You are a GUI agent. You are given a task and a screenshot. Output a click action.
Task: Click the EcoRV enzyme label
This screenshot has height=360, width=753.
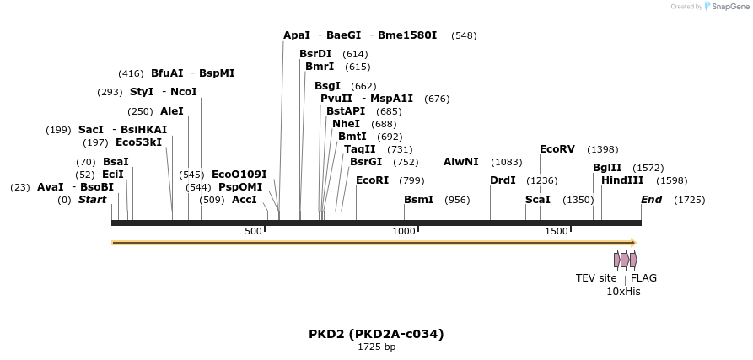click(x=557, y=149)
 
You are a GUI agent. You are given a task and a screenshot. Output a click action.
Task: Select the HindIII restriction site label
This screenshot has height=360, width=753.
click(x=622, y=180)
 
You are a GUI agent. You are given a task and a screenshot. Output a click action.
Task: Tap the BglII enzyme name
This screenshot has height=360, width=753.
click(x=607, y=168)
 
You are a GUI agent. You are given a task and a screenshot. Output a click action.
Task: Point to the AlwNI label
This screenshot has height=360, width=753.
click(x=460, y=162)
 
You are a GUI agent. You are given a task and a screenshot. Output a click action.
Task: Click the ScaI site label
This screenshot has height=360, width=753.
click(x=537, y=200)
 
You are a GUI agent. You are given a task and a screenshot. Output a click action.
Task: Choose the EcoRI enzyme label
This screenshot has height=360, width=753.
click(x=372, y=180)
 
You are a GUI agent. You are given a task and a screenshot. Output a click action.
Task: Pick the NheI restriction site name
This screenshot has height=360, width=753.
click(x=347, y=124)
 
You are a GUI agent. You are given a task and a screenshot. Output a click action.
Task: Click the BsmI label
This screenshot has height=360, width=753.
click(x=418, y=200)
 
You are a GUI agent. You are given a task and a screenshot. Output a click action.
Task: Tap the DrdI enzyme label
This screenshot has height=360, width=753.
click(x=503, y=180)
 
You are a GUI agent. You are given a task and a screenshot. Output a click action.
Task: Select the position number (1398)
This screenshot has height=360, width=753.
click(x=602, y=149)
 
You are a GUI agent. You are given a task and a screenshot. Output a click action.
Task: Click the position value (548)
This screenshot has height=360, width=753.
click(x=464, y=35)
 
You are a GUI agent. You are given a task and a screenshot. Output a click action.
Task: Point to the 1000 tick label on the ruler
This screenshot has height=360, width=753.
click(x=404, y=231)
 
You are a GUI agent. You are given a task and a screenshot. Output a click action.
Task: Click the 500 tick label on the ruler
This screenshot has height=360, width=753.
click(x=253, y=231)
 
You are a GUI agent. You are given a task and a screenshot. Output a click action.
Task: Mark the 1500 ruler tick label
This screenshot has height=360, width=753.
click(x=556, y=231)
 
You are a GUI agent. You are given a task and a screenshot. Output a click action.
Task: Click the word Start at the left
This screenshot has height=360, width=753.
click(x=93, y=200)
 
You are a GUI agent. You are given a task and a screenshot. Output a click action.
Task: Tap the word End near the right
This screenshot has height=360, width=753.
click(x=651, y=200)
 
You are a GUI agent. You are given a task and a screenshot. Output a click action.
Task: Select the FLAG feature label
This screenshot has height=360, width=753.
click(x=643, y=278)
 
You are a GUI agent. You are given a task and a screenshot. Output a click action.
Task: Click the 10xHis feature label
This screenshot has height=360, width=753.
click(x=623, y=292)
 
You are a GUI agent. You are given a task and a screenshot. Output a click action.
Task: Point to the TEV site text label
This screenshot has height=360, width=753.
click(x=596, y=278)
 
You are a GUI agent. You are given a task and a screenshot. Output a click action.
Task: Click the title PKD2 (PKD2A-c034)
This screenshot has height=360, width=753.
click(x=376, y=334)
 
